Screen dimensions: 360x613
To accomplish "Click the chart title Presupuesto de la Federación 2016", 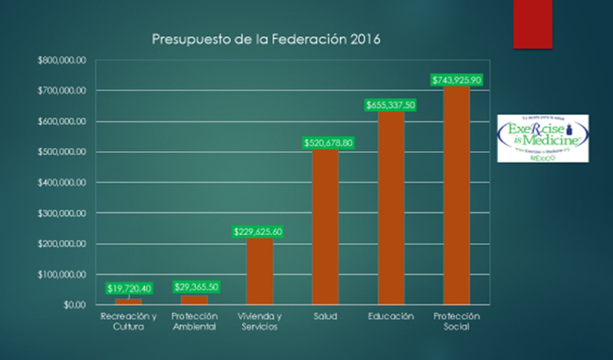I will point(265,38).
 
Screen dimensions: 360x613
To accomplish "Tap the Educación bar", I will point(391,208).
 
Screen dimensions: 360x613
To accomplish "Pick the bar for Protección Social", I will point(457,195).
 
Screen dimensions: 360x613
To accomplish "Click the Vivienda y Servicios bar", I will point(259,271).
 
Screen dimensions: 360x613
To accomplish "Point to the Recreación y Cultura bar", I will point(128,301).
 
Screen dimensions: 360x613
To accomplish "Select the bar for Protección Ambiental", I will point(194,299).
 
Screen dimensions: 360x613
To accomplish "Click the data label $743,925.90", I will point(456,80).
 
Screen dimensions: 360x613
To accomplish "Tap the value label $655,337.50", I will point(391,105).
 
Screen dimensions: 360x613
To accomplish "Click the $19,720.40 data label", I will point(129,288).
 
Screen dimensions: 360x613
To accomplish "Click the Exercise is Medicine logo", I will point(543,138).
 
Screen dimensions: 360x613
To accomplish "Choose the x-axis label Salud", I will point(325,316).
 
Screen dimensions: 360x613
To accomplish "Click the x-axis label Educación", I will point(391,316).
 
